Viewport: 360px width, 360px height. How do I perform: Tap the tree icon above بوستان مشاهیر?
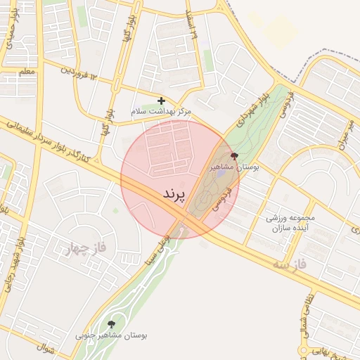[x=234, y=156]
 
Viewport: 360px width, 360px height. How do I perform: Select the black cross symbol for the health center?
[x=162, y=101]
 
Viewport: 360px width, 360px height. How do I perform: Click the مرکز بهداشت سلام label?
[x=161, y=112]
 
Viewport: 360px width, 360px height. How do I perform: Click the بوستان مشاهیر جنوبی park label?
[x=112, y=335]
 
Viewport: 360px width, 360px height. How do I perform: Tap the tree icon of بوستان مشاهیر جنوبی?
[x=111, y=324]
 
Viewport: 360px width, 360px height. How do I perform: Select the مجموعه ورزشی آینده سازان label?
[x=290, y=224]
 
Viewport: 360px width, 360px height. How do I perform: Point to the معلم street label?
[x=27, y=71]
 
